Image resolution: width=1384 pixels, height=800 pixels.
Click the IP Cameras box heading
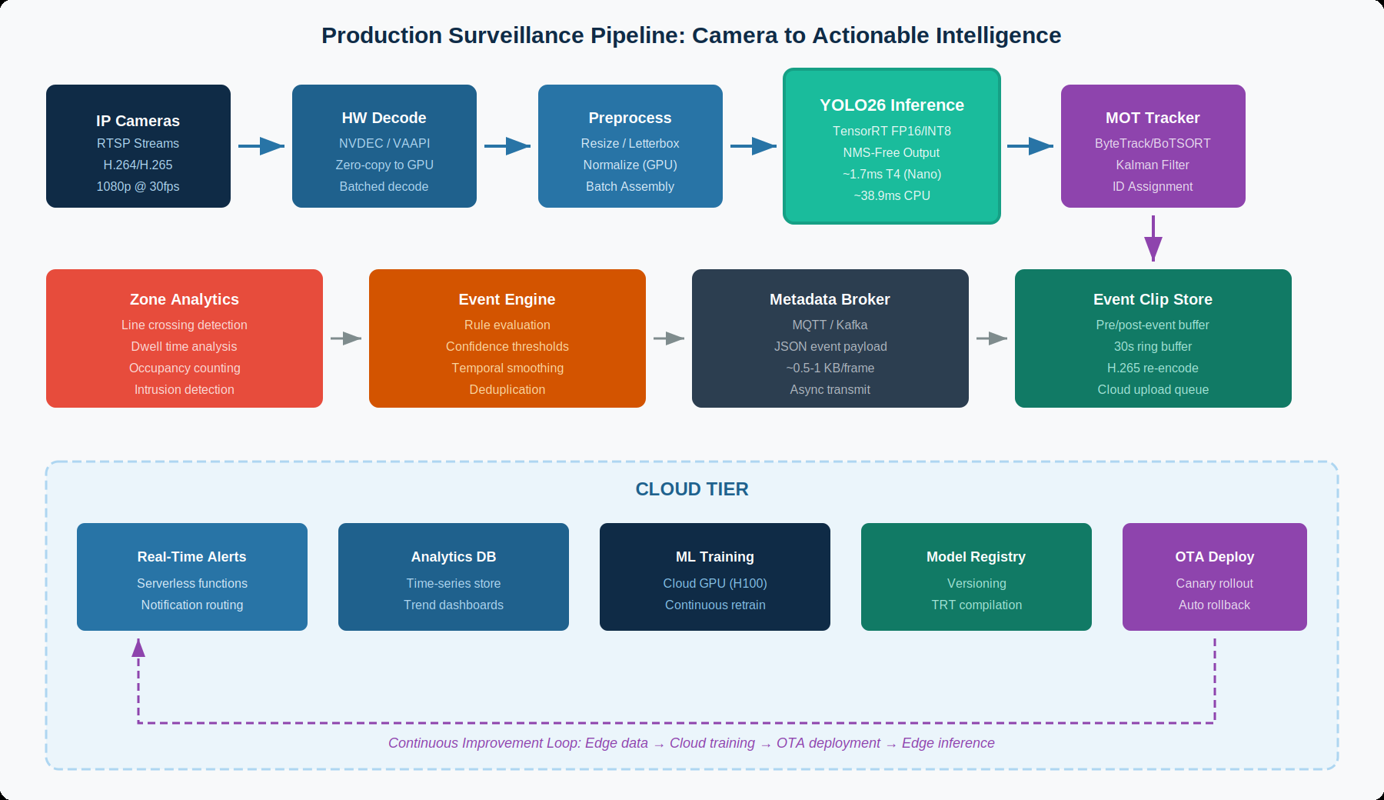click(138, 121)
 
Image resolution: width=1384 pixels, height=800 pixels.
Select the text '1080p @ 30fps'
click(138, 186)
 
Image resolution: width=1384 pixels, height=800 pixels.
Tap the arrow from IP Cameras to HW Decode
click(261, 145)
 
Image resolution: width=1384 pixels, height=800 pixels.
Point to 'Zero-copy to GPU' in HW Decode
click(384, 165)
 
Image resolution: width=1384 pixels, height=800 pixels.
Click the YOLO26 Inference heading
click(891, 105)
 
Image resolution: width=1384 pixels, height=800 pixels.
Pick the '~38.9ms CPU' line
click(891, 195)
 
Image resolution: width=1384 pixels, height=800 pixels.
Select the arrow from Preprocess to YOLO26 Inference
click(753, 145)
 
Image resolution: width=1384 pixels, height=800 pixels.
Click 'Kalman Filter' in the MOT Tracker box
click(1152, 165)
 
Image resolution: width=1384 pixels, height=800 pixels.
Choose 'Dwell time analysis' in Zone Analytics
click(184, 346)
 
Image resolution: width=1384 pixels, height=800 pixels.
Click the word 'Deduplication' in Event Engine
click(507, 389)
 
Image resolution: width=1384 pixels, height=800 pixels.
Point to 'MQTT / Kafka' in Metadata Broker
click(830, 325)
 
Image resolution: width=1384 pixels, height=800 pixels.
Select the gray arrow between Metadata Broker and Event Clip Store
click(991, 338)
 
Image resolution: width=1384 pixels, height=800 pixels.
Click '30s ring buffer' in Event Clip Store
click(1153, 346)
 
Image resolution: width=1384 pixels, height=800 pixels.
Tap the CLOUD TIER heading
click(691, 489)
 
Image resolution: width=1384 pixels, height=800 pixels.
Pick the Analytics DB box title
click(453, 557)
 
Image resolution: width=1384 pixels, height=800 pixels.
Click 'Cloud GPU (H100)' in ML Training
click(714, 583)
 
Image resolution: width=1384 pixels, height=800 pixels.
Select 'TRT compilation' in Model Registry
click(976, 605)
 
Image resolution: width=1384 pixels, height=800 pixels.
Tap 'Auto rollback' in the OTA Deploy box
click(1214, 605)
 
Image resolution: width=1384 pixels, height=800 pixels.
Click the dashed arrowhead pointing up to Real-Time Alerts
click(138, 648)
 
